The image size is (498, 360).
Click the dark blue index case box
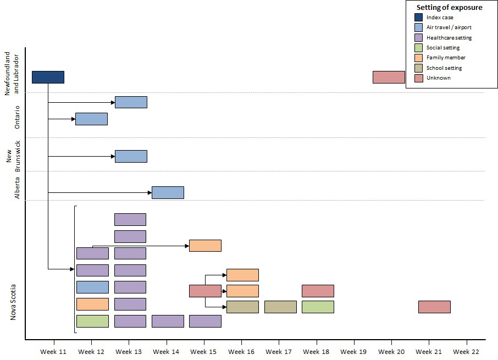pyautogui.click(x=48, y=77)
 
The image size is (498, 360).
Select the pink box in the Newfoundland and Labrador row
pyautogui.click(x=389, y=77)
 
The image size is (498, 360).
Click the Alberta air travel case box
pyautogui.click(x=168, y=192)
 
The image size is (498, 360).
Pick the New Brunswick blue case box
pyautogui.click(x=131, y=156)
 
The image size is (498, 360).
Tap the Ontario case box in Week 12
pyautogui.click(x=91, y=119)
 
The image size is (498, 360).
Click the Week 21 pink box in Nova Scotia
pyautogui.click(x=434, y=307)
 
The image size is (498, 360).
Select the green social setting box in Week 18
pyautogui.click(x=318, y=307)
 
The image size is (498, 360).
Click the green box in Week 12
pyautogui.click(x=92, y=321)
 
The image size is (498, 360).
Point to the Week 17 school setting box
pyautogui.click(x=280, y=307)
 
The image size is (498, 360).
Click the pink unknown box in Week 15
pyautogui.click(x=205, y=291)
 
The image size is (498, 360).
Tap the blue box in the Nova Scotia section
pyautogui.click(x=92, y=287)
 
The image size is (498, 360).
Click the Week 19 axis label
pyautogui.click(x=353, y=352)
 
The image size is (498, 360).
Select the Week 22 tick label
pyautogui.click(x=466, y=352)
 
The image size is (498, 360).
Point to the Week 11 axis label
pyautogui.click(x=54, y=352)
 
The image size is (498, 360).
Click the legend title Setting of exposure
pyautogui.click(x=449, y=8)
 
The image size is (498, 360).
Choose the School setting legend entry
pyautogui.click(x=444, y=68)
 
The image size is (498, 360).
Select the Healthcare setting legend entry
pyautogui.click(x=449, y=38)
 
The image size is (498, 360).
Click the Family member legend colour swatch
pyautogui.click(x=418, y=58)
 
